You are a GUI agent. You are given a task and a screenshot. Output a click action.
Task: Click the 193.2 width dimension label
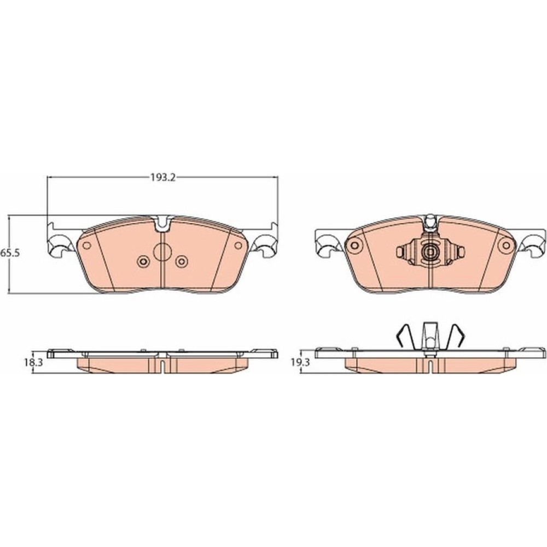[162, 178]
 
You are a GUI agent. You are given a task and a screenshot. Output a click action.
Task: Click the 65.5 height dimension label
[10, 253]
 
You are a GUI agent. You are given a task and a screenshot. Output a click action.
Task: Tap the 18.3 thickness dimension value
[33, 363]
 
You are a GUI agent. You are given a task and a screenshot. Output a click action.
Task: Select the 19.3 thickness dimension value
[300, 363]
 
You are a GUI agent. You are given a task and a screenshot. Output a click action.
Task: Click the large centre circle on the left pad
[162, 252]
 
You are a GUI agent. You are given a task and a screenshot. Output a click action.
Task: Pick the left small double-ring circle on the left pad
[143, 261]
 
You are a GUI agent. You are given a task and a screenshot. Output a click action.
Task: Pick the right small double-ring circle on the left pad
[182, 261]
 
